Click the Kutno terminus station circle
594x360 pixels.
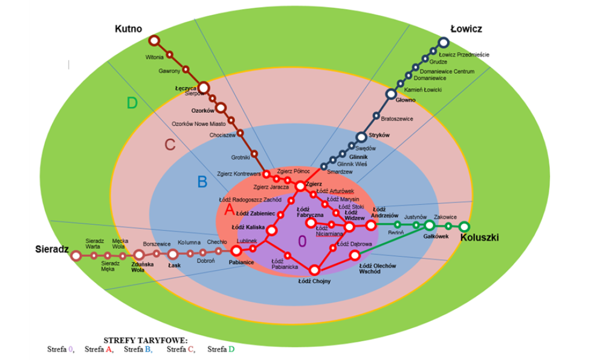click(154, 40)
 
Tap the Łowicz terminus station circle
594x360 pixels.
click(444, 42)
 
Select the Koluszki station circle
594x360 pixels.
click(464, 227)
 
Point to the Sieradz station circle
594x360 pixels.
click(76, 256)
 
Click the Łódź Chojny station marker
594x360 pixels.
click(314, 270)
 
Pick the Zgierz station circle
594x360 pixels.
click(300, 186)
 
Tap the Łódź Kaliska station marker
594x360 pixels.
click(271, 230)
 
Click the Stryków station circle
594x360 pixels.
click(361, 137)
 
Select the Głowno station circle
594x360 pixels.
click(391, 94)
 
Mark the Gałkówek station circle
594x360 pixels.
click(429, 225)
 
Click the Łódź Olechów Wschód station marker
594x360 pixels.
click(355, 256)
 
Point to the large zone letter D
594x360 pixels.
click(132, 103)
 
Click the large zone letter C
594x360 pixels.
click(170, 145)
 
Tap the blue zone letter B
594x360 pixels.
click(202, 181)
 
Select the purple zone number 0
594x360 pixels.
click(302, 241)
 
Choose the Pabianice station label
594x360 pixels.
click(241, 263)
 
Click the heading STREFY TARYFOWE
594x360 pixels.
click(146, 340)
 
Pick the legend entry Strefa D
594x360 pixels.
click(221, 349)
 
